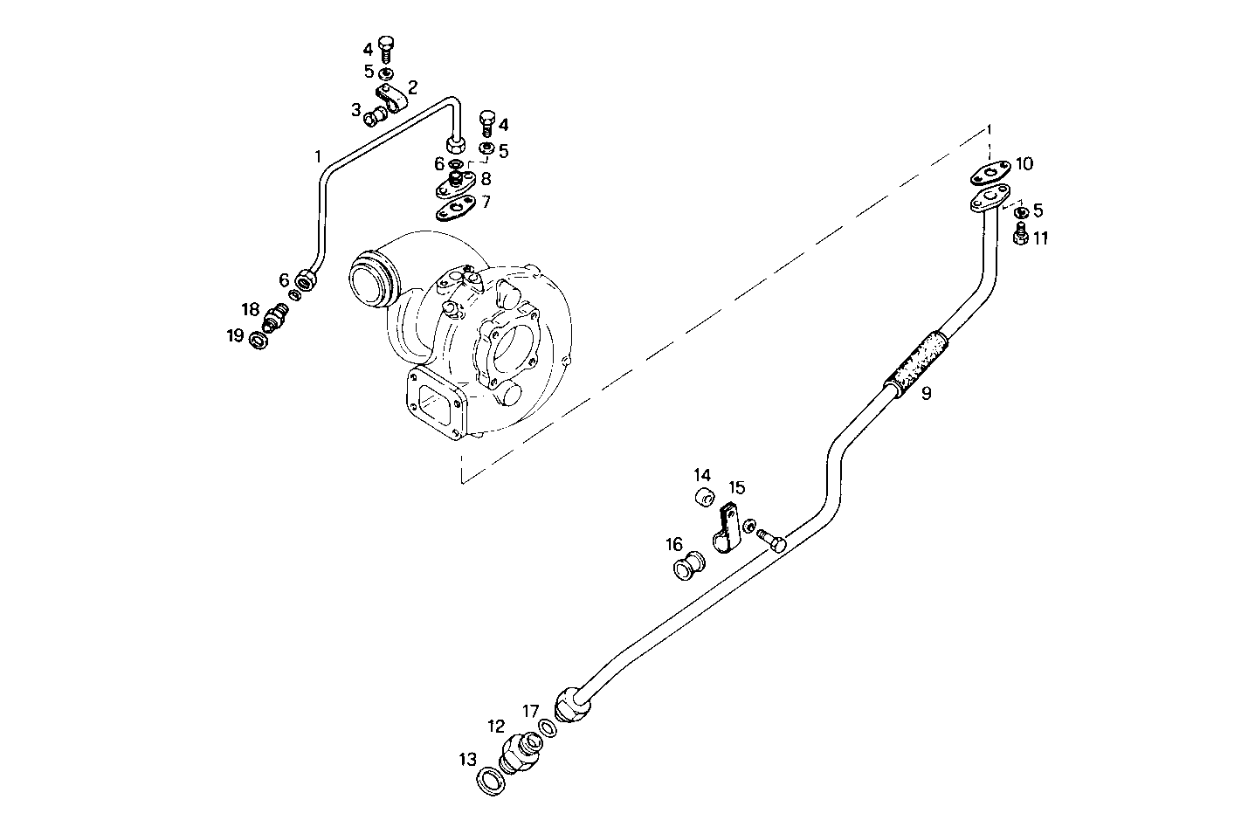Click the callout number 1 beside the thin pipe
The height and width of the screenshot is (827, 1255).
pos(318,157)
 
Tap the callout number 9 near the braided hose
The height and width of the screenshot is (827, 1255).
pos(926,394)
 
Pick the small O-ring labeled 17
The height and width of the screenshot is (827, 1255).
pos(548,727)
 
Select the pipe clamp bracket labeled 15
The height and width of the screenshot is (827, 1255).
pos(728,529)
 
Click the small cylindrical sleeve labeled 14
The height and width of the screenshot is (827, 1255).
pos(705,499)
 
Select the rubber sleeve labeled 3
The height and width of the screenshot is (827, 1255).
pos(374,114)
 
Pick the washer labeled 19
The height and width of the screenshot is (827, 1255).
pos(259,340)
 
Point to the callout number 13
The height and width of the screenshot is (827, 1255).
pos(468,759)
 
